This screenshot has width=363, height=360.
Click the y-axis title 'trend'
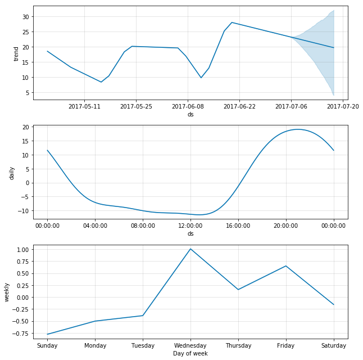(x=16, y=53)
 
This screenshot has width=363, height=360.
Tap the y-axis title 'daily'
(x=11, y=172)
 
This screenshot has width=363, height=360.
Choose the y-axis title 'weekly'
(x=7, y=292)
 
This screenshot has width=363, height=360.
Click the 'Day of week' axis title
(x=190, y=353)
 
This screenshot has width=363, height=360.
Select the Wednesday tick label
(x=190, y=345)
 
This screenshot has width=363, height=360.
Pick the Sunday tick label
(x=47, y=345)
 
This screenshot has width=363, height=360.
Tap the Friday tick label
(x=286, y=345)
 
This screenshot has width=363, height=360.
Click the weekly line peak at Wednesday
(x=190, y=249)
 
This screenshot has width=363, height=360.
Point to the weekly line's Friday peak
(x=286, y=266)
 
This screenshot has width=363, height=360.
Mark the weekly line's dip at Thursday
(x=238, y=290)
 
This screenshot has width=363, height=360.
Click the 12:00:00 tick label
(x=190, y=226)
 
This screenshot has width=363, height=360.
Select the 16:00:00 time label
(x=238, y=226)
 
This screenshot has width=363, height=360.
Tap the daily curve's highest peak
(x=297, y=129)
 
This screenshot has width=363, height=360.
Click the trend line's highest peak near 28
(x=232, y=22)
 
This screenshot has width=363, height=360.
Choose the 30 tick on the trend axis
(x=25, y=17)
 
